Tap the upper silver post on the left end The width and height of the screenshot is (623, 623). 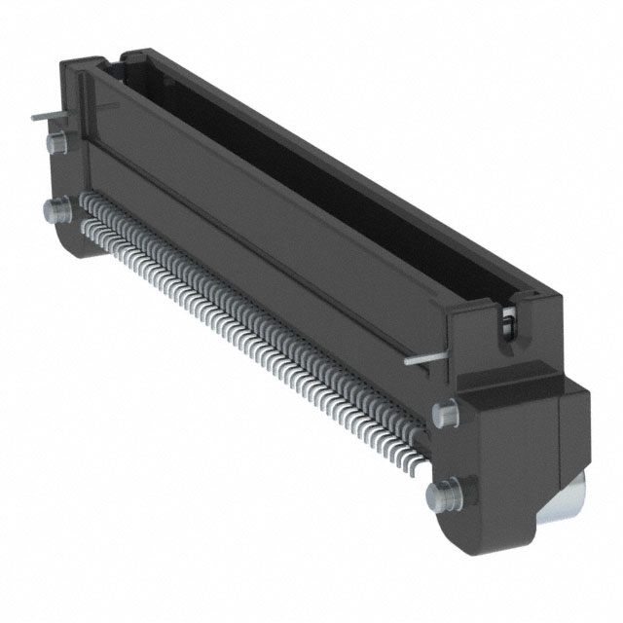tap(55, 144)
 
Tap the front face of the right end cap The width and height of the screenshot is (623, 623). tap(506, 458)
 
